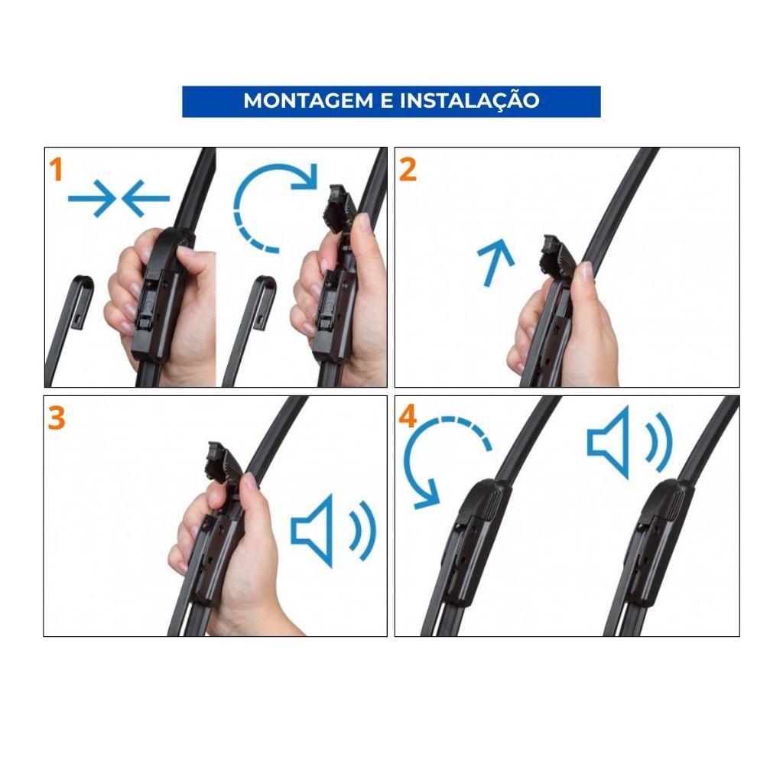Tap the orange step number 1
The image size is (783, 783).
57,170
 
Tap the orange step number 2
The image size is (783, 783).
408,170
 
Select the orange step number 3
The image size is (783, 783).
57,418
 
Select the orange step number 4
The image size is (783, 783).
408,417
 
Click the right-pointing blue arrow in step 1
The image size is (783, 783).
92,198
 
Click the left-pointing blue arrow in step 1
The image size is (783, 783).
146,198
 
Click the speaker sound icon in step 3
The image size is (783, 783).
333,531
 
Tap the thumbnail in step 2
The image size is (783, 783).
584,271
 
